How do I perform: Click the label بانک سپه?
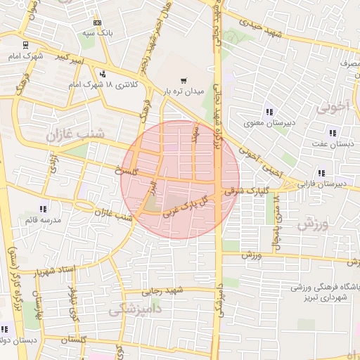98,33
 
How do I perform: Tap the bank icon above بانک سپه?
97,22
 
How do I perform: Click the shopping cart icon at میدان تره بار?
184,80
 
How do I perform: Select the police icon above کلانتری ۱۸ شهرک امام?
103,74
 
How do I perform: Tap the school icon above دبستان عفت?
333,133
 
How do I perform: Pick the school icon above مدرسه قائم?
43,209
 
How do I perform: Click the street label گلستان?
77,340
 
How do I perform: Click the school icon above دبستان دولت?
4,329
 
